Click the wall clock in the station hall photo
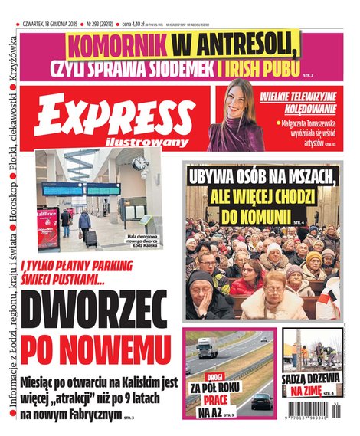point(139,162)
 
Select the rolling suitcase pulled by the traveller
point(91,238)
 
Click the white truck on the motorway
point(208,349)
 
